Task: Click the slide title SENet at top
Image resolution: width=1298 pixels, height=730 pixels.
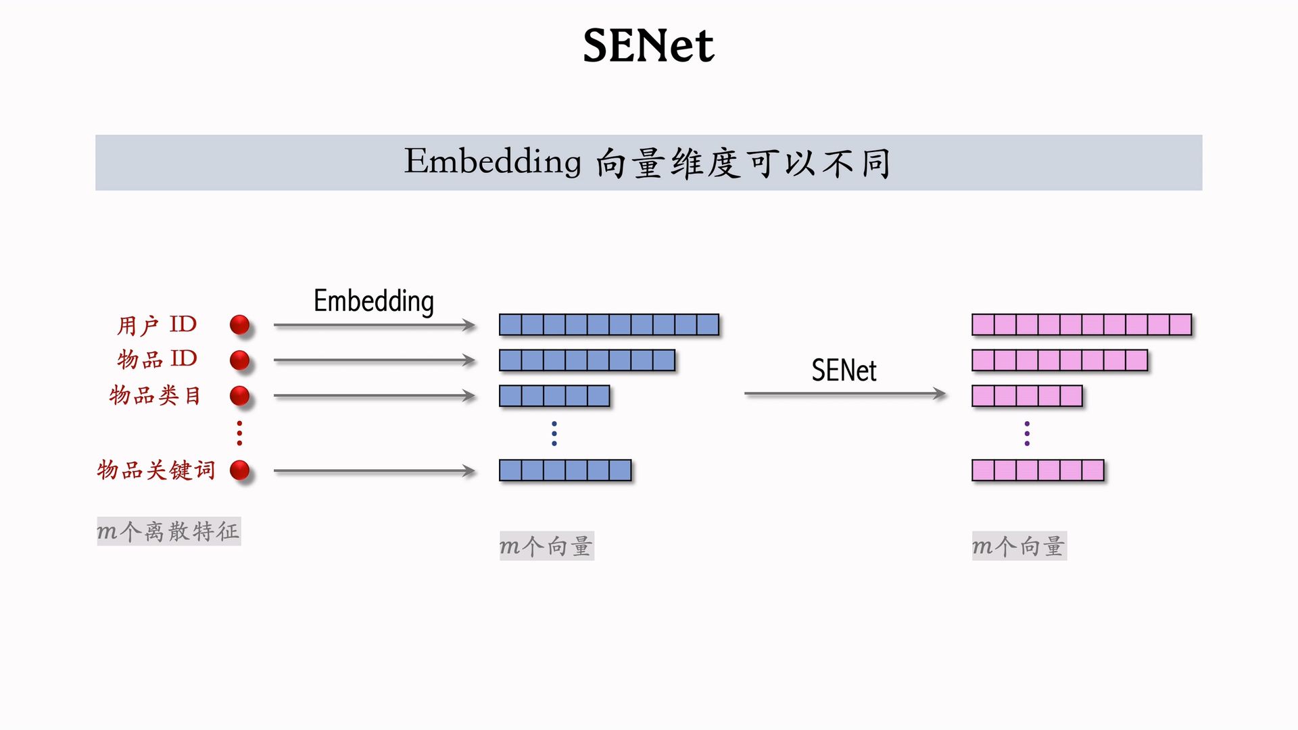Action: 648,46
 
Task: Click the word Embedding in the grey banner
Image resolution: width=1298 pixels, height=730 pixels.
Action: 492,162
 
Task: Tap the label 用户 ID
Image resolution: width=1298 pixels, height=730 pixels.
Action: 157,325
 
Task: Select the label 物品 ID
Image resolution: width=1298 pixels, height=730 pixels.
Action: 157,359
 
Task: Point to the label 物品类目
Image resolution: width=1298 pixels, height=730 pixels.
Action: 155,395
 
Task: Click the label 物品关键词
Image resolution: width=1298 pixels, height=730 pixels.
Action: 156,470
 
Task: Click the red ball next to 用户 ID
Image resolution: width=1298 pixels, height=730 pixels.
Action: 239,325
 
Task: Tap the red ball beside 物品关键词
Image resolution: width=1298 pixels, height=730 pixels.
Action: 239,470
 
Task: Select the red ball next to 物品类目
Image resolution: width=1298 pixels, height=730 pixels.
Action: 239,395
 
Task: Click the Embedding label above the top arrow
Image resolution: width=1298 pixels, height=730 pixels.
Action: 373,301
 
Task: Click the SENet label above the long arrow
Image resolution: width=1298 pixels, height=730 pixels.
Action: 844,370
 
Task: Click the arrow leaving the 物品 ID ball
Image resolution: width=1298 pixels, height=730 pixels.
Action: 374,360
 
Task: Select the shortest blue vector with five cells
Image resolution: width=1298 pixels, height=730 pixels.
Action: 554,395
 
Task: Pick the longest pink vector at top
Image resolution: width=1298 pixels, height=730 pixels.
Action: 1081,325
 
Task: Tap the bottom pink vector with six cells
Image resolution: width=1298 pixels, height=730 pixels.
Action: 1038,470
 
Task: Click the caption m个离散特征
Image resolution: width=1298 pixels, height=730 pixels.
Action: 168,531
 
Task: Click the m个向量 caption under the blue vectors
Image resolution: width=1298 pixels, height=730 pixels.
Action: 546,546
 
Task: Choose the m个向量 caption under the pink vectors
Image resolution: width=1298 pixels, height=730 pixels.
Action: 1019,546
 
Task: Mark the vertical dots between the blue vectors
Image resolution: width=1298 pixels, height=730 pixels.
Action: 554,433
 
